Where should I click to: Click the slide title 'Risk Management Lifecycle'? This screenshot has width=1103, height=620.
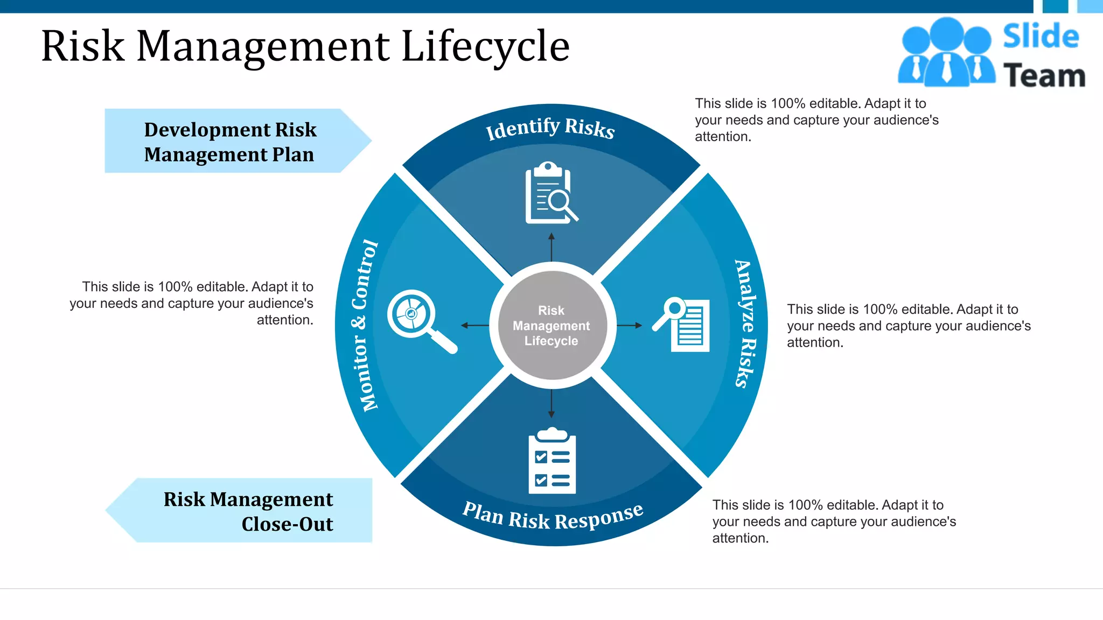coord(305,46)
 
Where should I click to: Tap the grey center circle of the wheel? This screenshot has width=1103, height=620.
coord(551,325)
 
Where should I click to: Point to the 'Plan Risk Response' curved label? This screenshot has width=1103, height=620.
coord(553,517)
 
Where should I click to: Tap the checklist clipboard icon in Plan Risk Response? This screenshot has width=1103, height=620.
coord(552,461)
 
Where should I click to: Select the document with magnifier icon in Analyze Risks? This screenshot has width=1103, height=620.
coord(682,325)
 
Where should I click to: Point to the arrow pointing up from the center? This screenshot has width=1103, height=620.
coord(551,248)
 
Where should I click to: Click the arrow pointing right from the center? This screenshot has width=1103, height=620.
coord(629,325)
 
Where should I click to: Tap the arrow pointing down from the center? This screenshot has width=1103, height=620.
coord(551,403)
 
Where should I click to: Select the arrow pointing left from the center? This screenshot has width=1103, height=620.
coord(474,325)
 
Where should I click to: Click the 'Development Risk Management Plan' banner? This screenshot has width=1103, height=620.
coord(232,142)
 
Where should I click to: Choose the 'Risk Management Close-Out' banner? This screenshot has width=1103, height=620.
coord(248,511)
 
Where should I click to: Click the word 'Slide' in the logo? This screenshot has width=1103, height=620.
coord(1041,37)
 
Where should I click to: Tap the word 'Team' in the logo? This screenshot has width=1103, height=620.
coord(1044,75)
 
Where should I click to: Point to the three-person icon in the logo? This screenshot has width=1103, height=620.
coord(946,52)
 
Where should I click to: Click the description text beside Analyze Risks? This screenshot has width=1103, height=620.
coord(908,326)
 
